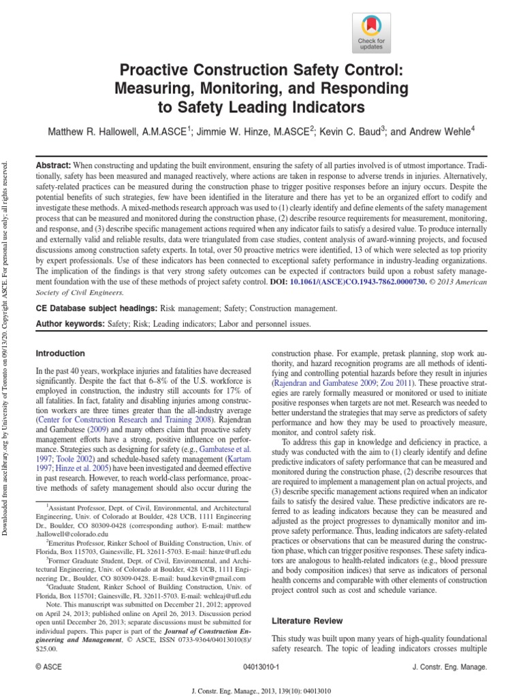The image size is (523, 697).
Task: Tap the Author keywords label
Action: (69, 325)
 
